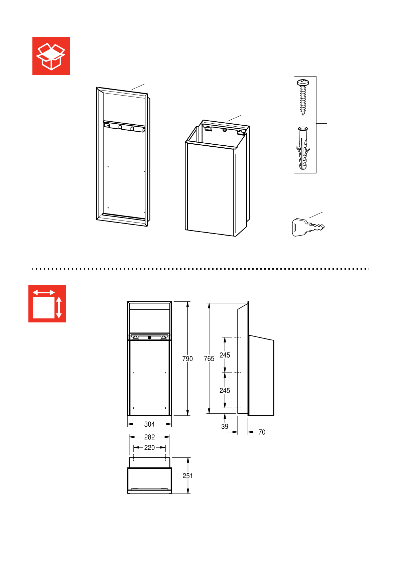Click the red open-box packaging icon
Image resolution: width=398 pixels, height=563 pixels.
tap(51, 56)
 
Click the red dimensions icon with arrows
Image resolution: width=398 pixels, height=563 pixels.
tap(47, 303)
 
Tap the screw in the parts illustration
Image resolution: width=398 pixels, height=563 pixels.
tap(303, 97)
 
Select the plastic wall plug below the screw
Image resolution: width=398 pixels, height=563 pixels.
tap(303, 148)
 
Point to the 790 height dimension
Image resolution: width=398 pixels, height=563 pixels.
tap(187, 359)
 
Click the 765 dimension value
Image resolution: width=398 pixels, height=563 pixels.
tap(209, 359)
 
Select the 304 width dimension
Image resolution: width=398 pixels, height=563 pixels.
tap(149, 424)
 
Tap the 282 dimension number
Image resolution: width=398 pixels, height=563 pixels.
tap(149, 437)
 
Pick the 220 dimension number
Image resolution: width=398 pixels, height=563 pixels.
tap(149, 448)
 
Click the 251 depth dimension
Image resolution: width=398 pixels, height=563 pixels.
tap(187, 476)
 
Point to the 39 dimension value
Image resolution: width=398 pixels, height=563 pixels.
tap(225, 427)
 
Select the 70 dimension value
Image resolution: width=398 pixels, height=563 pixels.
tap(262, 432)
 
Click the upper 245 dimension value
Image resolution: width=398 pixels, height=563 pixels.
tap(225, 355)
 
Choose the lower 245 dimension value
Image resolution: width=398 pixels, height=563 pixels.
tap(225, 391)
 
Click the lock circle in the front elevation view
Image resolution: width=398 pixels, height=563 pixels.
tap(149, 337)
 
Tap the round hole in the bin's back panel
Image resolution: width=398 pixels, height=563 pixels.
tap(225, 130)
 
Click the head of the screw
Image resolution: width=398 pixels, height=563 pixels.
tap(303, 83)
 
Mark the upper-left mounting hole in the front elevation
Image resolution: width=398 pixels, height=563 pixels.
tap(134, 373)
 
